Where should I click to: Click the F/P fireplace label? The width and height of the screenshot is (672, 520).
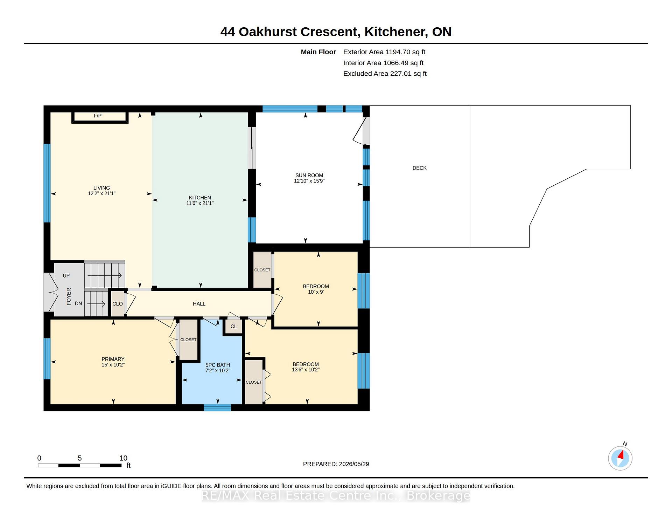[x=98, y=116]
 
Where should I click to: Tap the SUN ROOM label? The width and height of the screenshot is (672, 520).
[x=309, y=175]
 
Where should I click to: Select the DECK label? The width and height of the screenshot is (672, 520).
[x=419, y=168]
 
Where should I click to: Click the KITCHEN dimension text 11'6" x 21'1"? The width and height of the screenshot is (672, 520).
[x=200, y=203]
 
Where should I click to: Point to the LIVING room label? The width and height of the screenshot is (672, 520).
[x=101, y=188]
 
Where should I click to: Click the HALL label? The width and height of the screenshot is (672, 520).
[x=199, y=304]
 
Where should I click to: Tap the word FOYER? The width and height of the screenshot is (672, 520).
[x=69, y=296]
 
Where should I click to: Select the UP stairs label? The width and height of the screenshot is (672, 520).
[x=66, y=275]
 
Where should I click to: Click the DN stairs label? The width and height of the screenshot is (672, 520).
[x=78, y=303]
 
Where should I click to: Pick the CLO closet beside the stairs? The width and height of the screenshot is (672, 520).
[x=118, y=304]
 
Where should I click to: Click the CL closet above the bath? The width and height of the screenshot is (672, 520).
[x=233, y=326]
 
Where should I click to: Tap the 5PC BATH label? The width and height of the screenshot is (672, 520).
[x=218, y=365]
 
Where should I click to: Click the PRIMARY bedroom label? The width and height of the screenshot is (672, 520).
[x=113, y=359]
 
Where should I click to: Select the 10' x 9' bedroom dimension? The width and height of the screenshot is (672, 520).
[x=316, y=292]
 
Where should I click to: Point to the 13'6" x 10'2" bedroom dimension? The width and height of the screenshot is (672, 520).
[x=306, y=370]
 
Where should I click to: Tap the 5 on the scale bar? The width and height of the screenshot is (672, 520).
[x=80, y=458]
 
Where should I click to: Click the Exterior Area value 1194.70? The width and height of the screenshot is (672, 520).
[x=398, y=52]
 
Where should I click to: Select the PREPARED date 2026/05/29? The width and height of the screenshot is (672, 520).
[x=354, y=464]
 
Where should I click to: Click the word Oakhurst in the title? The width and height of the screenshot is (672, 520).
[x=268, y=32]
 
